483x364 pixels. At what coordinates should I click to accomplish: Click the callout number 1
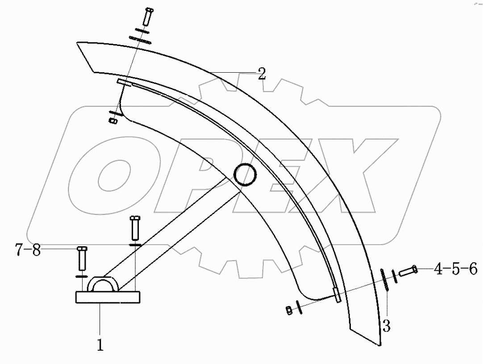click(100, 345)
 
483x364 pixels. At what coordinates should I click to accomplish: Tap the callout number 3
click(386, 326)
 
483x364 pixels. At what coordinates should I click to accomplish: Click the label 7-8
click(28, 251)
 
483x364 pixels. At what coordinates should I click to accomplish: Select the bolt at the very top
click(147, 17)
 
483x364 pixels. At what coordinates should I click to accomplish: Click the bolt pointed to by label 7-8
click(82, 258)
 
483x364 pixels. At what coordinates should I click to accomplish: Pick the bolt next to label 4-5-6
click(408, 270)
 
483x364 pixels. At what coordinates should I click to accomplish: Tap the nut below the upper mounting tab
click(113, 120)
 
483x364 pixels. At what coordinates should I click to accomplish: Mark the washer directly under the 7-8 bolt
click(82, 277)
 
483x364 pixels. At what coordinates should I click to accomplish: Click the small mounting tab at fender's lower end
click(337, 296)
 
